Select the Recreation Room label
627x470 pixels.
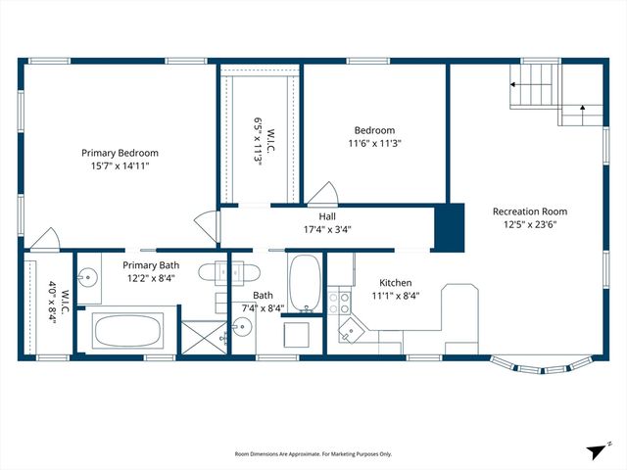[529, 211]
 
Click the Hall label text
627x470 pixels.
[327, 216]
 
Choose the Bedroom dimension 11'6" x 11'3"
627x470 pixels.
[374, 144]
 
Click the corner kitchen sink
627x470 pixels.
[349, 334]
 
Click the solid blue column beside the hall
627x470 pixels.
[449, 227]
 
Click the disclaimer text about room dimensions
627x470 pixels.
[313, 454]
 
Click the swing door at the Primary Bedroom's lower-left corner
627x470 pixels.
[42, 238]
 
